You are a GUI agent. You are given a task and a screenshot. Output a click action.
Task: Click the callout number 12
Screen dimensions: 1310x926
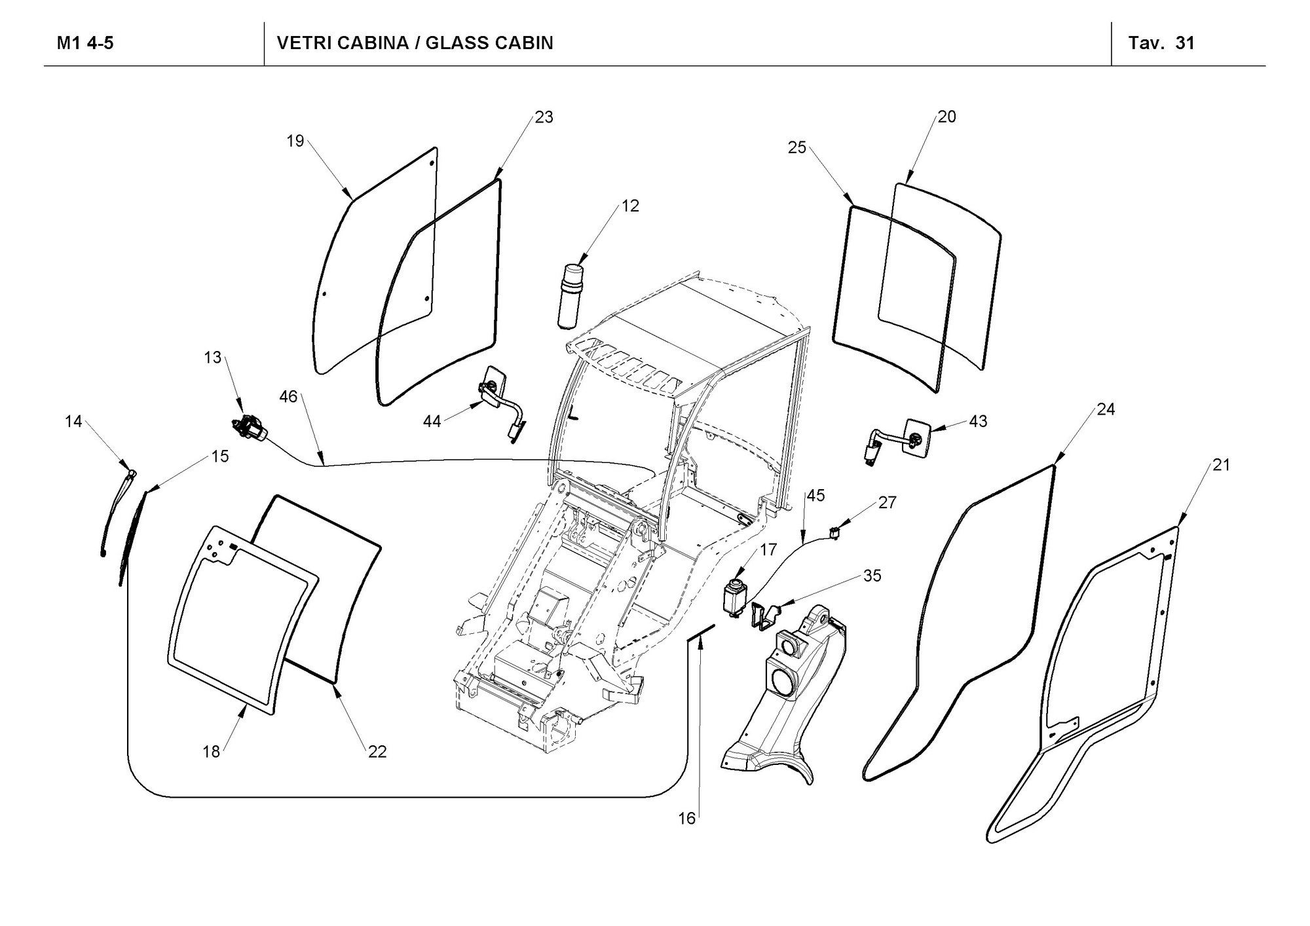coord(630,206)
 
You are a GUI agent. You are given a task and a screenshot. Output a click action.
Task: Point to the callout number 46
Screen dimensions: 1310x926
coord(288,396)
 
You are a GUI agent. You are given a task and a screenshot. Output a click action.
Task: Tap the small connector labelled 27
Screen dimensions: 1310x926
coord(835,531)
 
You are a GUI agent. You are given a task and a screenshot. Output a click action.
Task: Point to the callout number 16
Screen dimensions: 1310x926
coord(686,819)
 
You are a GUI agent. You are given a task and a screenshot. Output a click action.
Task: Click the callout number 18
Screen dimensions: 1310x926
coord(211,752)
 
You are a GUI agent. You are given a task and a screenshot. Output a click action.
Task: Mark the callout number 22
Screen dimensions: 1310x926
coord(377,752)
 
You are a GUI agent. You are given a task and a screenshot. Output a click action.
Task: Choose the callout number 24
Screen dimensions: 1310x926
coord(1106,409)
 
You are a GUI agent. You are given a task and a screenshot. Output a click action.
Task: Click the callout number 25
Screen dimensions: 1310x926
coord(797,147)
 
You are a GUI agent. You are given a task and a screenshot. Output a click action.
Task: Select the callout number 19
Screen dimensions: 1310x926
coord(295,140)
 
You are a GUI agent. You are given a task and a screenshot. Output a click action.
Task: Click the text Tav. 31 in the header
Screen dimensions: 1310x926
coord(1161,43)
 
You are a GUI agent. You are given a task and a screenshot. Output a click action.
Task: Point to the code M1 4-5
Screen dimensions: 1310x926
coord(85,43)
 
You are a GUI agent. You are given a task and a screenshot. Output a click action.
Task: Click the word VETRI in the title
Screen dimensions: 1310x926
coord(302,43)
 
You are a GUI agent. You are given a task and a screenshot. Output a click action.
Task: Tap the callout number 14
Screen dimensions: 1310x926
coord(73,421)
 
